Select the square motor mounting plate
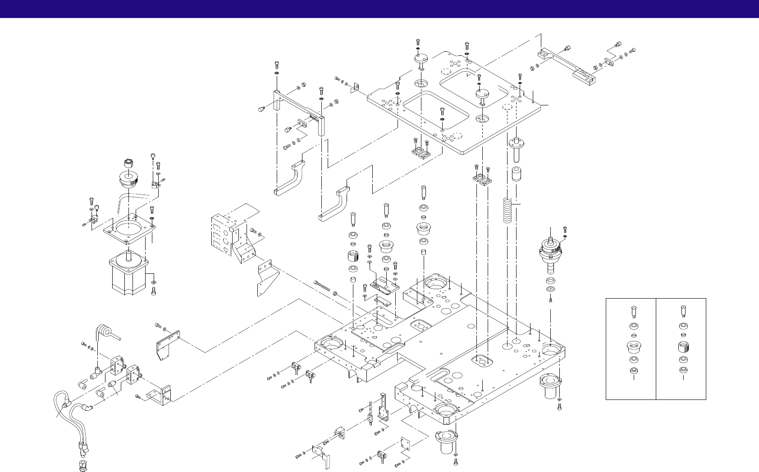[129, 227]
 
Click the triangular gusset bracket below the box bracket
[266, 279]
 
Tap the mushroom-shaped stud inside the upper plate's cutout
[482, 95]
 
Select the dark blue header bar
[379, 9]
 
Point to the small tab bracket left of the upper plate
[355, 86]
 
